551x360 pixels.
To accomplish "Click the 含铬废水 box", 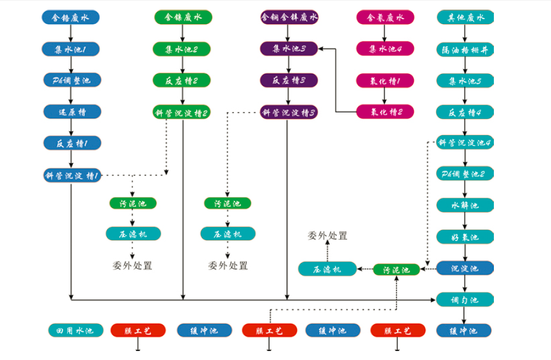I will (x=72, y=17).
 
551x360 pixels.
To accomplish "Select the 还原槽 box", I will (x=72, y=111).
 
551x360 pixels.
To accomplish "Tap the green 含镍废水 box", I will (x=182, y=17).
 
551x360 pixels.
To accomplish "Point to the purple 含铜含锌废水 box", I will (x=289, y=17).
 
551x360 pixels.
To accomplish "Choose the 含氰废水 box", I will (x=385, y=17).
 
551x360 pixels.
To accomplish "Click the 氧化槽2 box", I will (x=385, y=111).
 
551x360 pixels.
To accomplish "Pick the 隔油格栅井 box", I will (x=465, y=49).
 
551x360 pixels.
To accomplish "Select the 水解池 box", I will (x=465, y=206).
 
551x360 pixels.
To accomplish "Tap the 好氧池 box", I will (x=465, y=237).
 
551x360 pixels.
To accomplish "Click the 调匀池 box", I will (x=465, y=299).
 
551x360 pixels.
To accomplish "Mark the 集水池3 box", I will (x=289, y=49).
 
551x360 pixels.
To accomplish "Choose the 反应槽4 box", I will (x=465, y=111).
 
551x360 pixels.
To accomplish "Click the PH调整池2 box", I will (x=465, y=174).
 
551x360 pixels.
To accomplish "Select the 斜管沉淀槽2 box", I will (x=182, y=112).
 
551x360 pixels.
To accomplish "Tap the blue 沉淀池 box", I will (x=465, y=268).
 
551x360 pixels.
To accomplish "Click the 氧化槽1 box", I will (x=385, y=80).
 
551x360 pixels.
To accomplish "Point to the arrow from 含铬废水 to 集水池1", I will (x=72, y=33).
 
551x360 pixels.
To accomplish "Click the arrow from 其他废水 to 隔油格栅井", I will (x=465, y=33).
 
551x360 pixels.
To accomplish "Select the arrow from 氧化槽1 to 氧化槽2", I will (x=385, y=96).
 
